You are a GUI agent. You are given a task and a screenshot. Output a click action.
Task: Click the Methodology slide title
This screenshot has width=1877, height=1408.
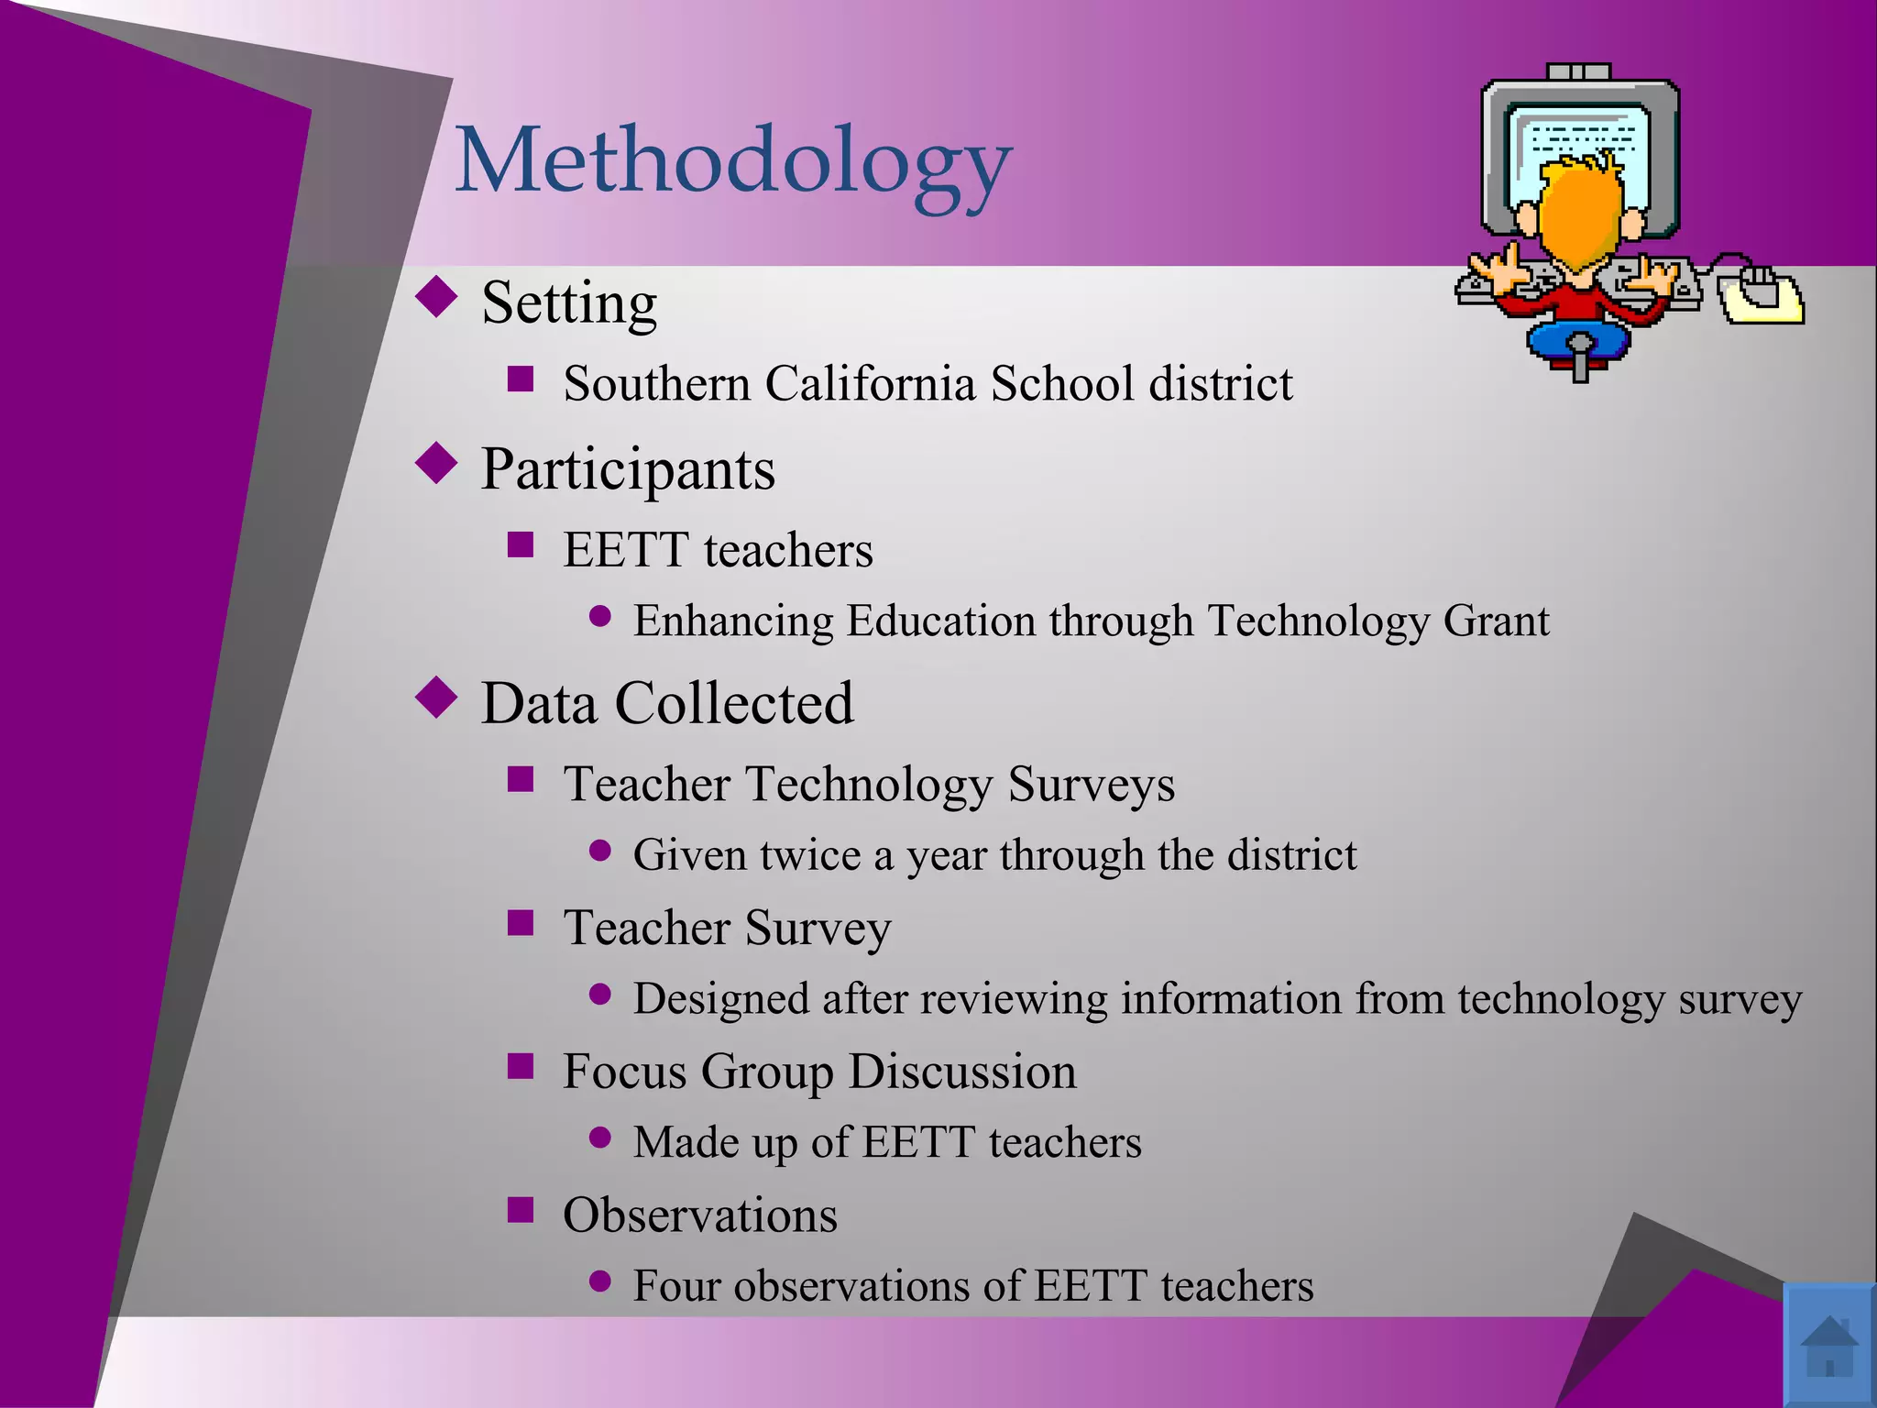click(x=733, y=163)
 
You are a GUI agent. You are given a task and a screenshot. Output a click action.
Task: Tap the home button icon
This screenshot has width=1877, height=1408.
click(x=1828, y=1345)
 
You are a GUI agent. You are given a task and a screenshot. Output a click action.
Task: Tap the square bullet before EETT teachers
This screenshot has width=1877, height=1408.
click(x=521, y=544)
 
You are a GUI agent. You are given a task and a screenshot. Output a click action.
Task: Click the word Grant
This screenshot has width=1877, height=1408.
click(x=1496, y=621)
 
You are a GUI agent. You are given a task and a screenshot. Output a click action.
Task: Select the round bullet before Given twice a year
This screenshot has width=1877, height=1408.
click(x=600, y=851)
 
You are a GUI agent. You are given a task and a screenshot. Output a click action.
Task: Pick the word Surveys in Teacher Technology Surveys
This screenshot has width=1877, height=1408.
click(x=1091, y=785)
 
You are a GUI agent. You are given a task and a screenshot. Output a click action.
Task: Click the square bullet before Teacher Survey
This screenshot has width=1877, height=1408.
click(x=521, y=922)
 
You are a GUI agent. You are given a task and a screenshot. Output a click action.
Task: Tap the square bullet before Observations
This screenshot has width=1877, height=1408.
click(x=521, y=1210)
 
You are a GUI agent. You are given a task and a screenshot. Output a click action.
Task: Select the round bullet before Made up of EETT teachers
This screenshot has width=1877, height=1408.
click(x=600, y=1138)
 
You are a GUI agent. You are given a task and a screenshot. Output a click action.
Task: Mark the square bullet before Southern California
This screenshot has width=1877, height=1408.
click(x=521, y=379)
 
